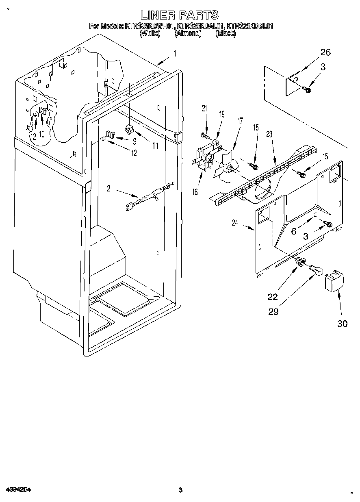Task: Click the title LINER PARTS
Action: (180, 15)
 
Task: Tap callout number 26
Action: (325, 52)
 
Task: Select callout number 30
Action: (342, 324)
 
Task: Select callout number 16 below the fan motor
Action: (195, 192)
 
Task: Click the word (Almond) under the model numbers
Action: (188, 34)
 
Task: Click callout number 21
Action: (204, 108)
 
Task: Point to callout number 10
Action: (42, 134)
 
